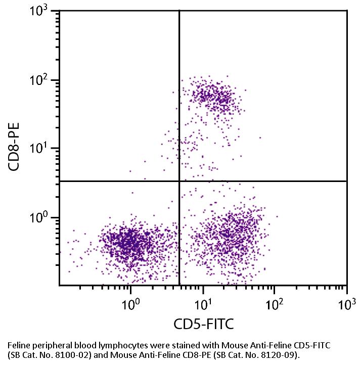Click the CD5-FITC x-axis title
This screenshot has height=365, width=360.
tap(203, 324)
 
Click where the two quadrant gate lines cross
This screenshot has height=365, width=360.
tap(179, 180)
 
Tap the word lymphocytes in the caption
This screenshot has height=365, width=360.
tap(107, 345)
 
